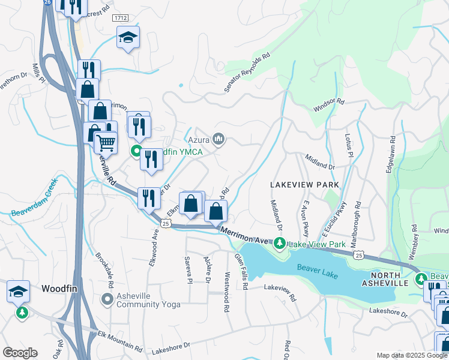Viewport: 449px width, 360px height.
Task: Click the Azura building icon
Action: [218, 140]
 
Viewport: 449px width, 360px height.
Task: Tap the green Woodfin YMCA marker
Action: [136, 152]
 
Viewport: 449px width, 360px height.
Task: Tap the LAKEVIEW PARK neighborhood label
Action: [304, 185]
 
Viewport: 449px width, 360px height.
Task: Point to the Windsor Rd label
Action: [328, 105]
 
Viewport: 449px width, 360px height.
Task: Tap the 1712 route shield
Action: [119, 19]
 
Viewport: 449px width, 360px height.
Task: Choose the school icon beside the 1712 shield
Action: [128, 38]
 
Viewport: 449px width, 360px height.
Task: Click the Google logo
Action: [20, 353]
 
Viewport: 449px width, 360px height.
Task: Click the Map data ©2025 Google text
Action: [411, 355]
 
